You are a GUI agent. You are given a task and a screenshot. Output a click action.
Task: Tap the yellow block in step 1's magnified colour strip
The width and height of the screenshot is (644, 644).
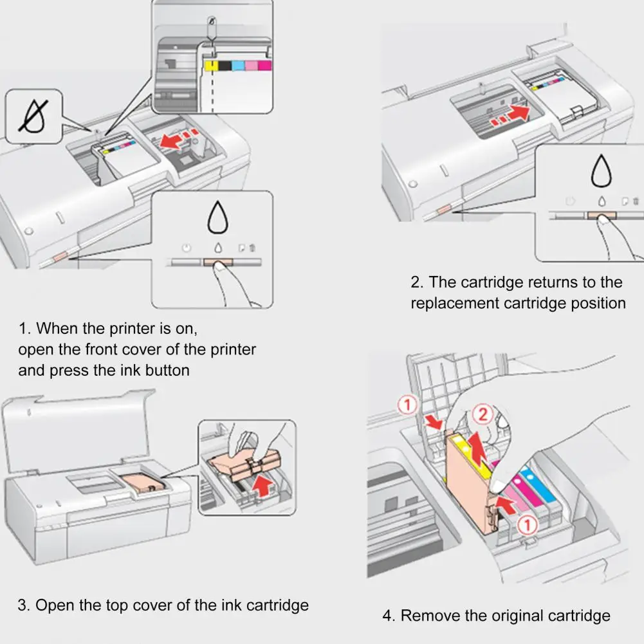(208, 66)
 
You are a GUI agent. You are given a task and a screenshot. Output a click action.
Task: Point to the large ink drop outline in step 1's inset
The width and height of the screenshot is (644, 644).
(217, 219)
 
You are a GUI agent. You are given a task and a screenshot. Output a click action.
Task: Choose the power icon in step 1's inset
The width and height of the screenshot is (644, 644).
(185, 248)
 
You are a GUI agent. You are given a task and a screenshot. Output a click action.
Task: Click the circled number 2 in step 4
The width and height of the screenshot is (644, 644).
(483, 415)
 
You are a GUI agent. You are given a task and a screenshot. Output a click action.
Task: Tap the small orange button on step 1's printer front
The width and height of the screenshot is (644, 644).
(57, 257)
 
